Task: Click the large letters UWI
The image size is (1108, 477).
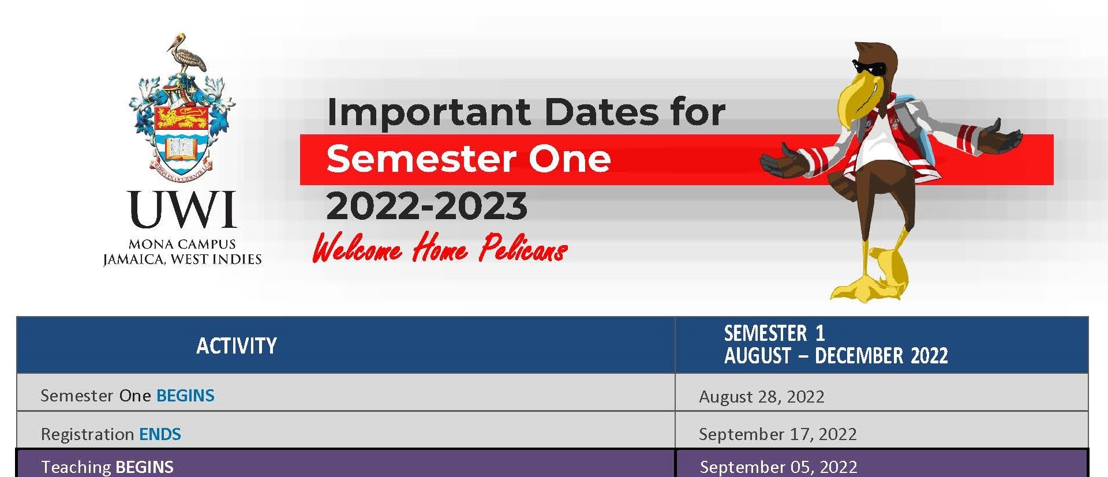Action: [182, 209]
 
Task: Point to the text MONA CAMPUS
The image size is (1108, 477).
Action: [182, 244]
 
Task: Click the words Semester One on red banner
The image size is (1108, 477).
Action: [468, 159]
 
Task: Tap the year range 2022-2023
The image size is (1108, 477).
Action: [426, 206]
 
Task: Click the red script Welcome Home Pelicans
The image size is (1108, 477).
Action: [440, 248]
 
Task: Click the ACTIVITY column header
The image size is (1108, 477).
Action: [237, 346]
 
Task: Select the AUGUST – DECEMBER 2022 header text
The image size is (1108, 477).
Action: [836, 356]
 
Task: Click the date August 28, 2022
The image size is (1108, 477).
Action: [762, 397]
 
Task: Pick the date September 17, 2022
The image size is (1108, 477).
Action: [778, 434]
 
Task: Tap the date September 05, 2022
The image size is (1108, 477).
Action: [778, 467]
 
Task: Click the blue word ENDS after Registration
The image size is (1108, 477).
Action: [160, 434]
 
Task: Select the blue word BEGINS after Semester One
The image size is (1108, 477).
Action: [185, 396]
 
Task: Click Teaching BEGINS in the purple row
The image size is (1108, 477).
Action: [107, 467]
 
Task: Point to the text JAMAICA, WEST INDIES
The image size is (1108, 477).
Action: [182, 260]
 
